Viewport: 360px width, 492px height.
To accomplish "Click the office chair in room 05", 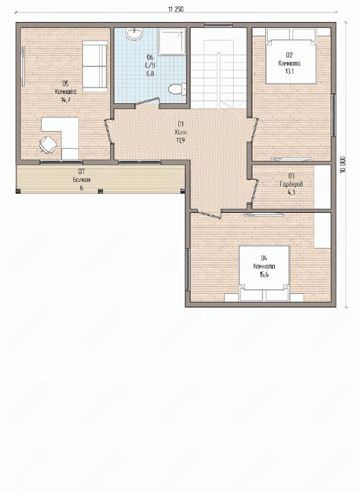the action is (x=48, y=144).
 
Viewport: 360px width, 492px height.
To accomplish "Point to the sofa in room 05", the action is (x=95, y=66).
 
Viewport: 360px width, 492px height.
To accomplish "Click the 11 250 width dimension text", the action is (x=176, y=9).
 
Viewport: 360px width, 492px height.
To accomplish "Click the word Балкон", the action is (x=81, y=180).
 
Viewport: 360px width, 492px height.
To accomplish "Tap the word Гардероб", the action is (x=291, y=184).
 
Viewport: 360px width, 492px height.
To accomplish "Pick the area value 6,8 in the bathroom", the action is (x=150, y=73).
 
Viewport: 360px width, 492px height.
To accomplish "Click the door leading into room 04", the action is (x=209, y=214).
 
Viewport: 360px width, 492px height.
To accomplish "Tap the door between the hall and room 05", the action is (x=108, y=131).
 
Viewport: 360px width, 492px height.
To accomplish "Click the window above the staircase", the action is (x=218, y=25).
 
